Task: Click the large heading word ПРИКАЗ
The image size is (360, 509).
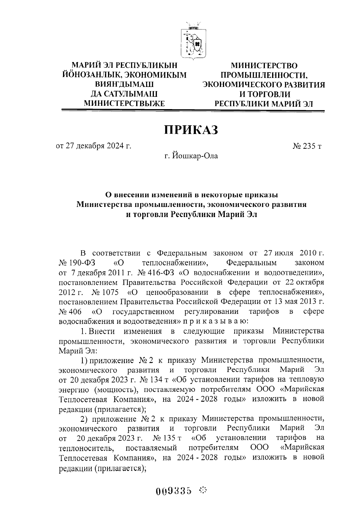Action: (x=191, y=130)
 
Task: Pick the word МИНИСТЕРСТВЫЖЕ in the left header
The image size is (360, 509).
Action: (x=124, y=103)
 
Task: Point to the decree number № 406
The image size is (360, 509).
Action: (x=70, y=311)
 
